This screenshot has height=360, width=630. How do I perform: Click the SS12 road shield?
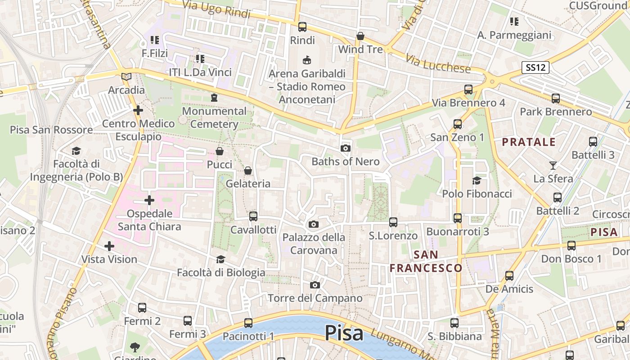(x=536, y=67)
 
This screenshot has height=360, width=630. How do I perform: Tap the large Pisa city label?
(x=344, y=333)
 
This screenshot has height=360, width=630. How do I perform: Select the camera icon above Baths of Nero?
(x=346, y=148)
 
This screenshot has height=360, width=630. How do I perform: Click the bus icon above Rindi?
(x=302, y=27)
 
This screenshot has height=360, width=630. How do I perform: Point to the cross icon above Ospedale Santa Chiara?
(x=149, y=200)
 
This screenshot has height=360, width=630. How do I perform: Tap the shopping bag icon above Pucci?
(x=220, y=151)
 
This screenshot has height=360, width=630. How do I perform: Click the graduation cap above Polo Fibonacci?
(x=477, y=180)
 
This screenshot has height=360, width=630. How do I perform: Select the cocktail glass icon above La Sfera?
(x=553, y=165)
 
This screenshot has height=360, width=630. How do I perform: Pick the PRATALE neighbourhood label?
(x=529, y=142)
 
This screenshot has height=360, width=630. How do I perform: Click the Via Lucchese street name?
(x=438, y=64)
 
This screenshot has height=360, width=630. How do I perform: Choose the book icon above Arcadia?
(x=126, y=76)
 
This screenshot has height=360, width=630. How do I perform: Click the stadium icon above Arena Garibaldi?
(x=307, y=60)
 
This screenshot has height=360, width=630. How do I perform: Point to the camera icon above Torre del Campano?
(x=315, y=285)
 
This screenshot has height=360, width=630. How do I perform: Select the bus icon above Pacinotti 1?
(x=248, y=323)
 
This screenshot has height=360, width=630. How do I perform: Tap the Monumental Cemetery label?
(x=214, y=117)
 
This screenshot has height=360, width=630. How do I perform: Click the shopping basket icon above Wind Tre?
(x=360, y=36)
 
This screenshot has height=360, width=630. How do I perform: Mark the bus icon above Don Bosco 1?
(x=571, y=246)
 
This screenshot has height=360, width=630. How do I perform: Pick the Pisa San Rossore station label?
(x=51, y=130)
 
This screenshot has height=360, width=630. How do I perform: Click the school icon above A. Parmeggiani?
(x=514, y=21)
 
